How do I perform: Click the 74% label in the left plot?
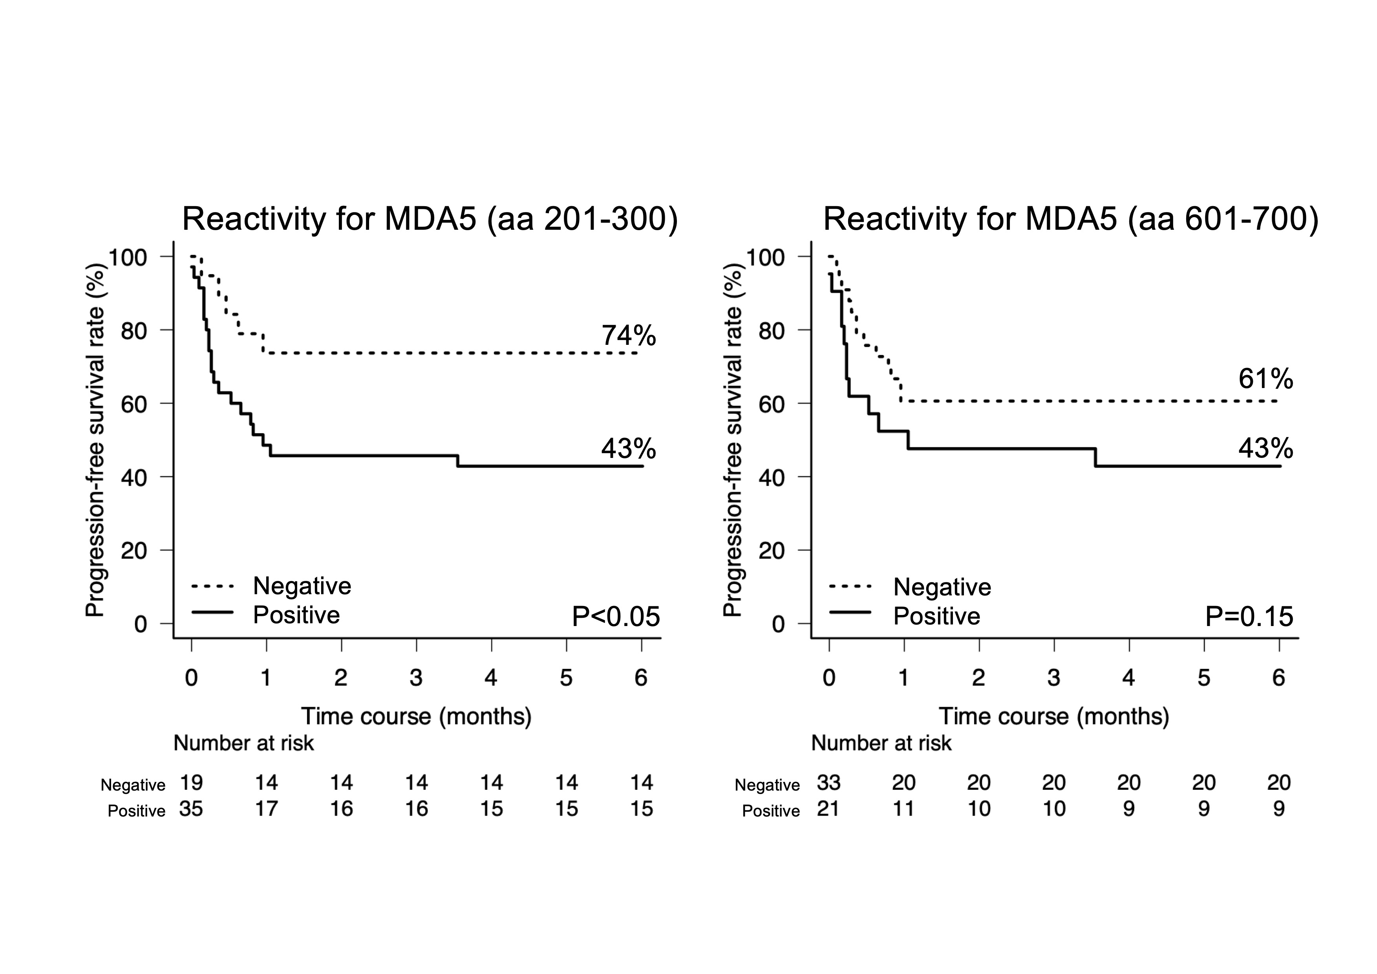629,336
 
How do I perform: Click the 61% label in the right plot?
1265,379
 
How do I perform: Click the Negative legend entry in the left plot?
302,586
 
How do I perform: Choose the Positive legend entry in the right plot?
936,616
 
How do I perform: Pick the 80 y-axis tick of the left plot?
134,330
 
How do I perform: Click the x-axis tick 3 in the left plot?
416,678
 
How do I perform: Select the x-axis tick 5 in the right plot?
1204,678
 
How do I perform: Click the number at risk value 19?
191,783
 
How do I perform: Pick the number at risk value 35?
191,809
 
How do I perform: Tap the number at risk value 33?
829,783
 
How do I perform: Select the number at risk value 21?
828,809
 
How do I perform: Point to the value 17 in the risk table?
266,809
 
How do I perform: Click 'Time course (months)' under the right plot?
1054,717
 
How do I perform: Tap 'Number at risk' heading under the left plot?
243,744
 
